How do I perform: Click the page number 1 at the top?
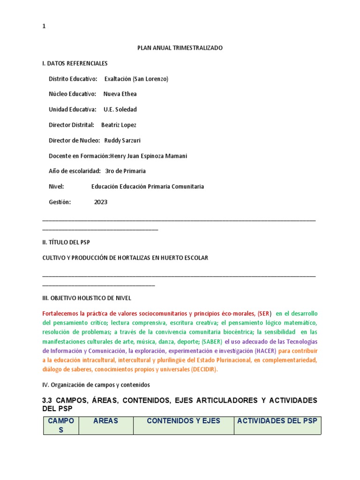(x=44, y=27)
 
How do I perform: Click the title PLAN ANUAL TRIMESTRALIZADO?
(x=180, y=48)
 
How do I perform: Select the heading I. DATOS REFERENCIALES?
(x=75, y=63)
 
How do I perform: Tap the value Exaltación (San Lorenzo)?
(x=136, y=79)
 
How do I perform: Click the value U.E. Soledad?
(x=120, y=110)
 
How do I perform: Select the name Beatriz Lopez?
(x=119, y=125)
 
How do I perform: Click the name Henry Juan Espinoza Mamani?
(x=148, y=156)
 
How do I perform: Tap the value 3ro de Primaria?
(x=126, y=172)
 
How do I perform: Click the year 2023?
(x=101, y=202)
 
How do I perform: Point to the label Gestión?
(x=60, y=202)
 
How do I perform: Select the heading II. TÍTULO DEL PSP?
(x=66, y=242)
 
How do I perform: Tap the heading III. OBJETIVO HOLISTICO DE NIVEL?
(x=87, y=298)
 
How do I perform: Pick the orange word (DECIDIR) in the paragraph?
(x=204, y=369)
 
